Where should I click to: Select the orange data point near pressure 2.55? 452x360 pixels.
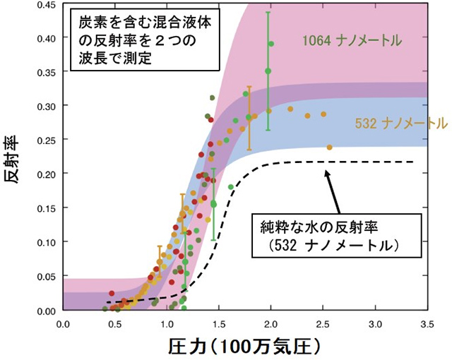[x=329, y=148]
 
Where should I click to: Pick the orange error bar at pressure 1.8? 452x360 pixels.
[x=249, y=118]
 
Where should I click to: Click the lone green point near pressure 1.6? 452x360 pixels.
[x=231, y=186]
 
